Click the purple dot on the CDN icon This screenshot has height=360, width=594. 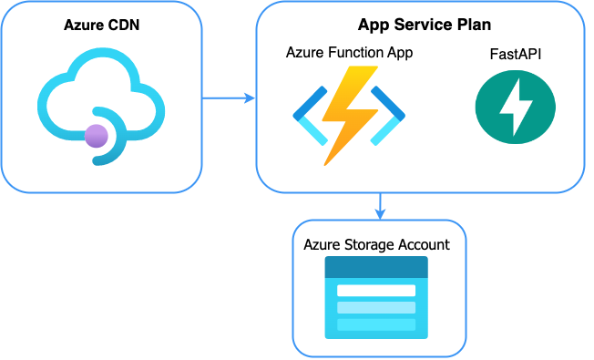(x=96, y=137)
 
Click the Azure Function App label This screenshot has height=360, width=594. (x=349, y=53)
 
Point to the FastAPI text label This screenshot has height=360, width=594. (x=516, y=56)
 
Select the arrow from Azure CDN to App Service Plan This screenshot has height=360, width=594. (x=228, y=98)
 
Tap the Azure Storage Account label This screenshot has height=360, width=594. (x=376, y=244)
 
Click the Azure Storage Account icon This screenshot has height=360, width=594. (x=376, y=298)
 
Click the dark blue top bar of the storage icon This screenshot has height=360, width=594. (x=376, y=267)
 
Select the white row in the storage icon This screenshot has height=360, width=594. (x=376, y=290)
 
